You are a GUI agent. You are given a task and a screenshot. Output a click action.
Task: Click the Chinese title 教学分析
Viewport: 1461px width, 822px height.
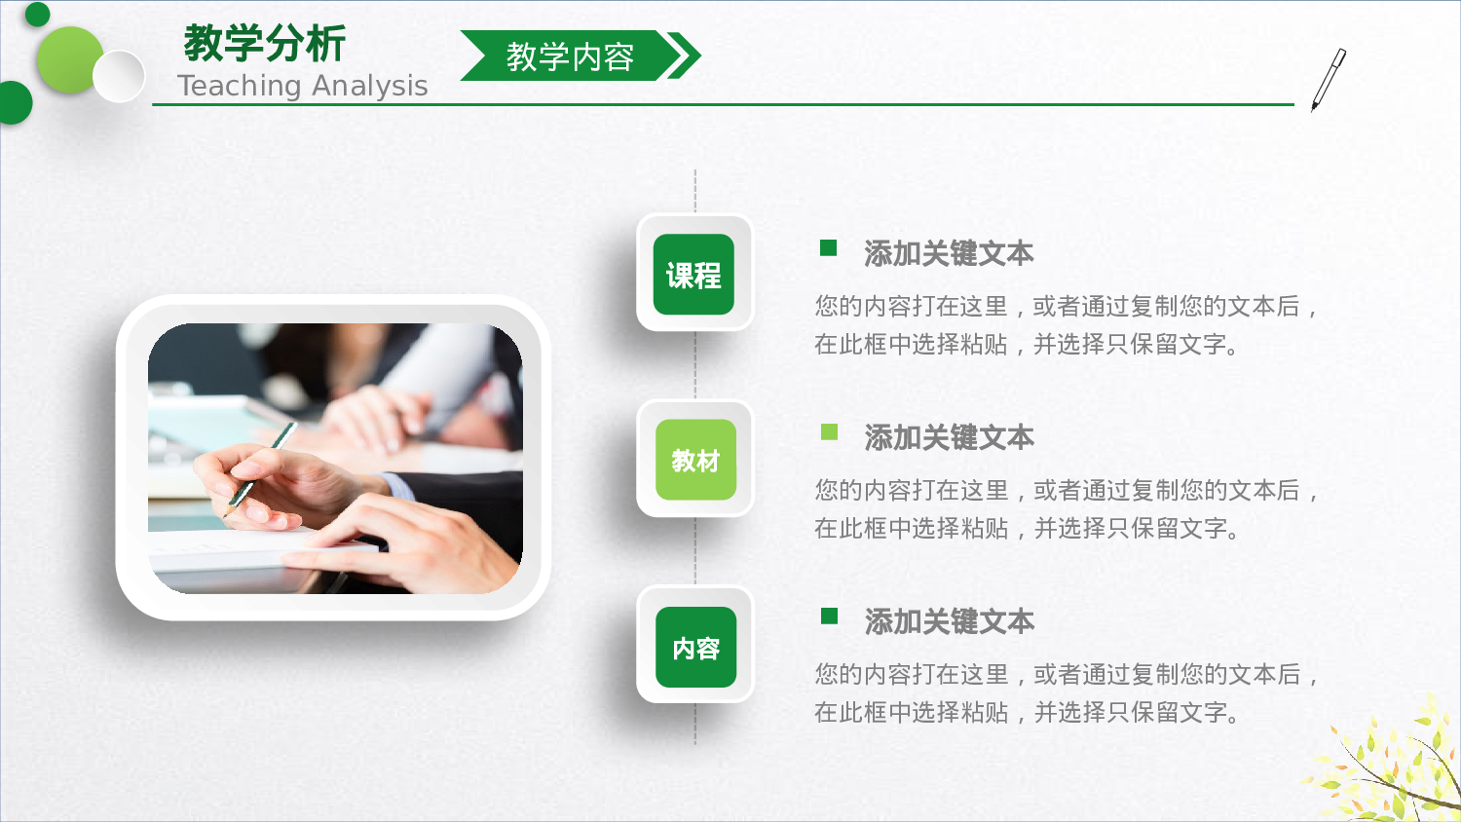tap(264, 44)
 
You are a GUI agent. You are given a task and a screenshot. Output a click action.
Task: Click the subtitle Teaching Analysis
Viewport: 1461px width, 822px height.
tap(302, 86)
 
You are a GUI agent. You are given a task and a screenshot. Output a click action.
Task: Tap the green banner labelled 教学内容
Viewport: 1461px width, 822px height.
tap(569, 56)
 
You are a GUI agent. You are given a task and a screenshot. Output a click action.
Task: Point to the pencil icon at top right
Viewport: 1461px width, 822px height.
tap(1328, 79)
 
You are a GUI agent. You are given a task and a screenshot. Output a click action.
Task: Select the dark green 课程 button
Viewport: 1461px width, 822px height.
tap(693, 275)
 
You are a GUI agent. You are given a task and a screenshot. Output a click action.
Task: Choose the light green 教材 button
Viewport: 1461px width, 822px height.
tap(695, 460)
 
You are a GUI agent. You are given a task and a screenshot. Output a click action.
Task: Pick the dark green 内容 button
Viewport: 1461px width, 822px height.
tap(695, 648)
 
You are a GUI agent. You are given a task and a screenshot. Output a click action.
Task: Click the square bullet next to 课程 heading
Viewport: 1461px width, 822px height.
tap(829, 247)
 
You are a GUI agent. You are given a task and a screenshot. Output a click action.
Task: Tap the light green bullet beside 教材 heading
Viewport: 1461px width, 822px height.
tap(830, 431)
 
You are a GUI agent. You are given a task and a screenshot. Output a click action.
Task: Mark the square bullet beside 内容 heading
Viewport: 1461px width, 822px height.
tap(830, 616)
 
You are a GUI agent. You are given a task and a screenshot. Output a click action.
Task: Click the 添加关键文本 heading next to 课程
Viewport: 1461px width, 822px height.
tap(949, 254)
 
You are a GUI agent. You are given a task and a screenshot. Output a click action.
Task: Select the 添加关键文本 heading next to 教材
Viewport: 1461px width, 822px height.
tap(949, 438)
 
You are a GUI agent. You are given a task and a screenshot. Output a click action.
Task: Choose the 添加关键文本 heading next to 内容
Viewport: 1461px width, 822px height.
tap(949, 622)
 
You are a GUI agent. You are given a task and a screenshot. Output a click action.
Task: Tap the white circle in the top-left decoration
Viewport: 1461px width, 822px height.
tap(119, 76)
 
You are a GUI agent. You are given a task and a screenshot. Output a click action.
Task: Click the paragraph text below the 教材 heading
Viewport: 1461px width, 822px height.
tap(1067, 509)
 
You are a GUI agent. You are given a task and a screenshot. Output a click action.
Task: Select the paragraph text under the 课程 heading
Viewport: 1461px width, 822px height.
tap(1067, 325)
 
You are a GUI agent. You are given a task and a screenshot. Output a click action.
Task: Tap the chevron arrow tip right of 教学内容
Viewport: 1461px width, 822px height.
tap(686, 56)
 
